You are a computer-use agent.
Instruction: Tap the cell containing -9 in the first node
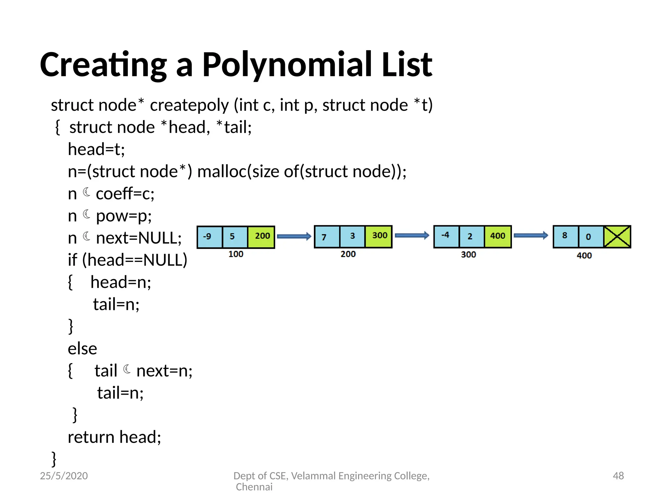[209, 237]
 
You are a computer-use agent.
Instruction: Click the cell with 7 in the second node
[327, 237]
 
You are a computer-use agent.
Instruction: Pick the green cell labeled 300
[379, 236]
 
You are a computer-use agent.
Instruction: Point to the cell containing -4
[446, 236]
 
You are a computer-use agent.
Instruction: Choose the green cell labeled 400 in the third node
[498, 236]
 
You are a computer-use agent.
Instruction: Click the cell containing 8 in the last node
[565, 236]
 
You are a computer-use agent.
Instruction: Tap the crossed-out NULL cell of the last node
[617, 237]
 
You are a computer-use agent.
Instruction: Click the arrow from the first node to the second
[294, 236]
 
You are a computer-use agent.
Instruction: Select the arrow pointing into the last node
[531, 236]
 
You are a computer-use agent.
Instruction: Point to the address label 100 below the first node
[236, 254]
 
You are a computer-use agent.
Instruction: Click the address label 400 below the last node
[584, 255]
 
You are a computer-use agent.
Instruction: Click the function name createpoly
[189, 105]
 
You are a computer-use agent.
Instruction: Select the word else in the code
[82, 349]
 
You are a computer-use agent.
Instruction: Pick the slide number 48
[618, 476]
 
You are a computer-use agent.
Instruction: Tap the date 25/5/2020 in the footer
[64, 476]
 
